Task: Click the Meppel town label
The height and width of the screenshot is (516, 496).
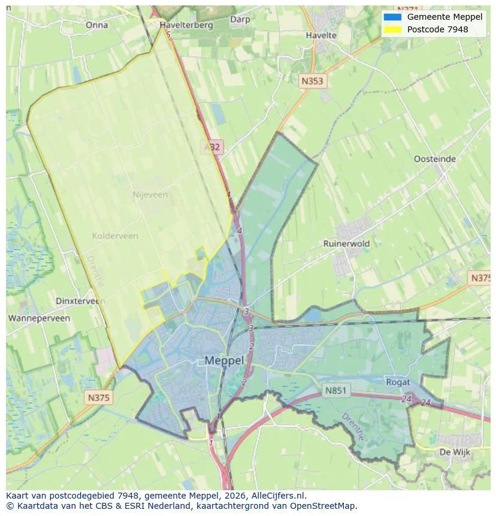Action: pyautogui.click(x=224, y=360)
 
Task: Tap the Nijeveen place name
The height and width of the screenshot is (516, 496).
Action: pyautogui.click(x=150, y=195)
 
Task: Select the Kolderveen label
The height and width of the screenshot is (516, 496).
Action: pyautogui.click(x=115, y=236)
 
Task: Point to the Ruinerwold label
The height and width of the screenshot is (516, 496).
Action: pyautogui.click(x=346, y=243)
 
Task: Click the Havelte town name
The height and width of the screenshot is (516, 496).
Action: pyautogui.click(x=321, y=35)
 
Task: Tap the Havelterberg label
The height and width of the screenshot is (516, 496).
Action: pyautogui.click(x=186, y=25)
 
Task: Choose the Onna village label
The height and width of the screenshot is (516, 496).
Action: pyautogui.click(x=96, y=25)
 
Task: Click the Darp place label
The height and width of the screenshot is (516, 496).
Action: pyautogui.click(x=240, y=19)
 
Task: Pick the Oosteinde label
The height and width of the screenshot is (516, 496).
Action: pyautogui.click(x=435, y=159)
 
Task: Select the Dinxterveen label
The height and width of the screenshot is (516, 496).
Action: pyautogui.click(x=77, y=301)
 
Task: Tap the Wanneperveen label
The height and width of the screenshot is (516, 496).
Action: pyautogui.click(x=39, y=318)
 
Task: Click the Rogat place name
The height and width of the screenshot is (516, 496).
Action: pyautogui.click(x=398, y=382)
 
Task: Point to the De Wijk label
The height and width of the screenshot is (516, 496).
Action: pyautogui.click(x=454, y=451)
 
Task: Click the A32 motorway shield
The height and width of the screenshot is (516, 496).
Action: pyautogui.click(x=211, y=147)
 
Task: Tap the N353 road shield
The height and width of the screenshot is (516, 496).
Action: pyautogui.click(x=313, y=81)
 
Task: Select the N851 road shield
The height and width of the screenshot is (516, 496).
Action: pyautogui.click(x=335, y=390)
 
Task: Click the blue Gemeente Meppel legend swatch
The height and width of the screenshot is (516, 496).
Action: pyautogui.click(x=392, y=17)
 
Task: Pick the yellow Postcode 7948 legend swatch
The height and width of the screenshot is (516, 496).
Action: pyautogui.click(x=392, y=29)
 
